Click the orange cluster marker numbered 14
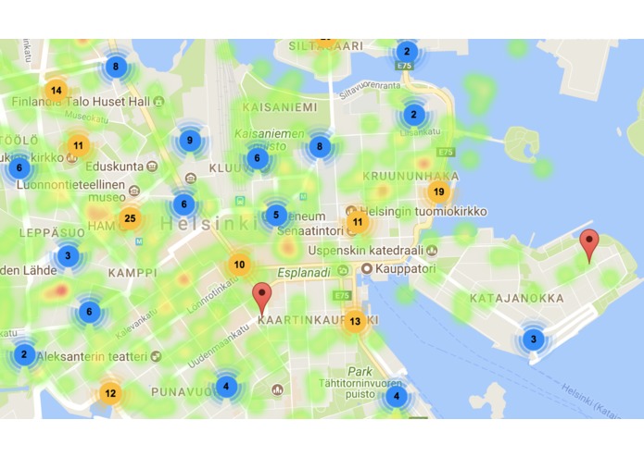pos(57,90)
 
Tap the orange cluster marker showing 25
pos(130,219)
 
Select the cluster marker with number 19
pos(439,191)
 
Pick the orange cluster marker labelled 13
pos(354,322)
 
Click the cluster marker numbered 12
pos(110,393)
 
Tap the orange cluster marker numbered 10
pos(239,265)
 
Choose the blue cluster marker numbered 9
pos(190,141)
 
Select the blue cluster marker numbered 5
pos(275,216)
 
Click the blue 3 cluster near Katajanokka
pos(533,339)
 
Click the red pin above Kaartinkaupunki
pos(263,297)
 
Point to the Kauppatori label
pos(399,268)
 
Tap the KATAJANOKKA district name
pos(516,299)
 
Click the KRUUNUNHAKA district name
pos(410,175)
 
